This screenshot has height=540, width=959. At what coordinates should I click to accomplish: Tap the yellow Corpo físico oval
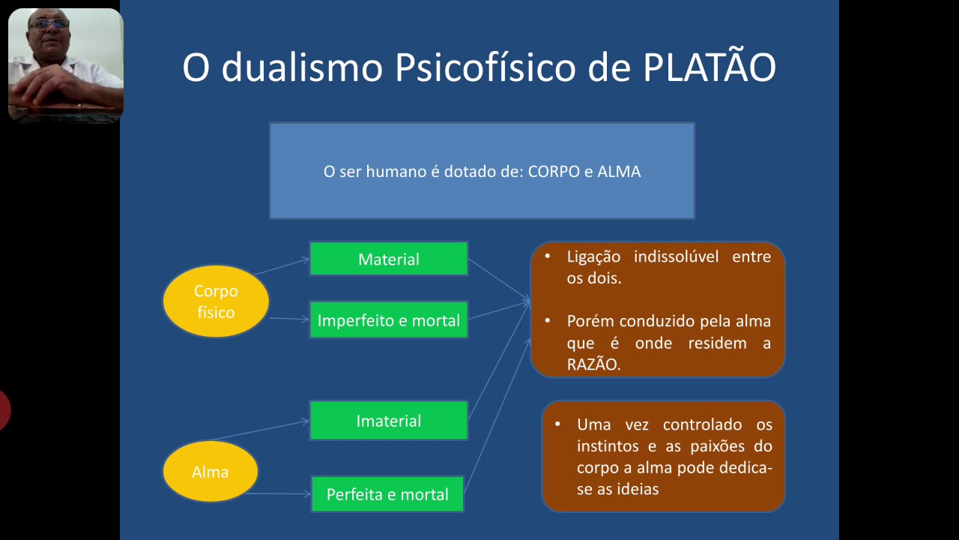[x=216, y=301]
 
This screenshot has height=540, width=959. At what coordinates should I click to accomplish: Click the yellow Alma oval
[x=210, y=472]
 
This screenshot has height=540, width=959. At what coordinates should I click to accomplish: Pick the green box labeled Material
[x=388, y=259]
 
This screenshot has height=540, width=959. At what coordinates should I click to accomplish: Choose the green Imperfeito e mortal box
[x=388, y=320]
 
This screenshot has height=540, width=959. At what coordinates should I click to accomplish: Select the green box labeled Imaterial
[x=388, y=421]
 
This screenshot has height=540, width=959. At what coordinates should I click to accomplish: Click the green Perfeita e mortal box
[x=387, y=494]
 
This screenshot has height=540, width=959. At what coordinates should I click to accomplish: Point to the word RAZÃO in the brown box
[x=593, y=365]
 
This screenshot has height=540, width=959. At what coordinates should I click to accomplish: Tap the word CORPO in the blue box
[x=554, y=172]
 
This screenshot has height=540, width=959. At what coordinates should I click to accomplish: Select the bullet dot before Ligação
[x=548, y=256]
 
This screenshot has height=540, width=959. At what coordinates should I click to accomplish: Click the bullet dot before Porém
[x=548, y=321]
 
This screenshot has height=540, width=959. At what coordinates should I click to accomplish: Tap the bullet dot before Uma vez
[x=557, y=424]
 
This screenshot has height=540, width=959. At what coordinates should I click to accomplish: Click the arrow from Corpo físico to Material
[x=282, y=267]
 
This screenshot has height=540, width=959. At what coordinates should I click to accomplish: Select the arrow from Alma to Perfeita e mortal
[x=277, y=493]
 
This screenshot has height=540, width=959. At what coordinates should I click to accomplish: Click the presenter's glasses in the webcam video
[x=49, y=24]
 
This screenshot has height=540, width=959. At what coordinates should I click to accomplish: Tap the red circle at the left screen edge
[x=3, y=411]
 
